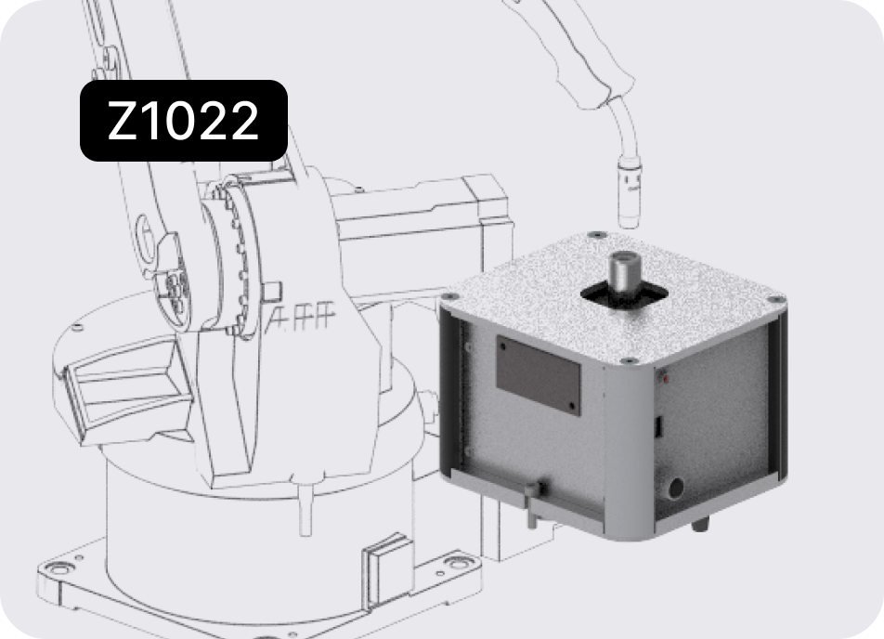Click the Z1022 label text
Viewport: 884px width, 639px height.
pyautogui.click(x=183, y=121)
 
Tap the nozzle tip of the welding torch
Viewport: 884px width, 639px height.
pyautogui.click(x=630, y=222)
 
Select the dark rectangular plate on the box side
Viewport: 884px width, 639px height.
pyautogui.click(x=539, y=375)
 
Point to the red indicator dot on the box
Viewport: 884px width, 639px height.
pyautogui.click(x=666, y=380)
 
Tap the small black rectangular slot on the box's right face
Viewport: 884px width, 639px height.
pyautogui.click(x=658, y=427)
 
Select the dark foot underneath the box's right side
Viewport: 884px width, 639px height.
pyautogui.click(x=699, y=525)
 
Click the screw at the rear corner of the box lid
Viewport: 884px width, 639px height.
pyautogui.click(x=596, y=235)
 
